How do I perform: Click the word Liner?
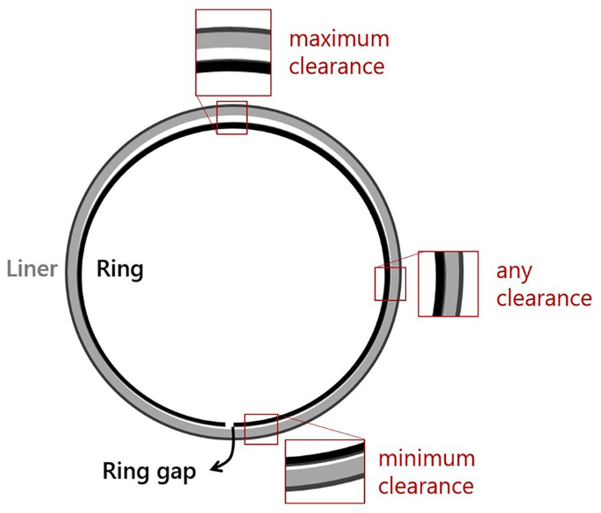pos(32,267)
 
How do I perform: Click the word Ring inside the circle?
pos(119,267)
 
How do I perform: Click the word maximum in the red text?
pos(339,39)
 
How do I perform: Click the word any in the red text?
pos(513,270)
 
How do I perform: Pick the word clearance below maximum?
pos(338,67)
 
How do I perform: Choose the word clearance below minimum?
pos(426,485)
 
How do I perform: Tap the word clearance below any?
pos(544,298)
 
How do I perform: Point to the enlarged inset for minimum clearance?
pos(324,471)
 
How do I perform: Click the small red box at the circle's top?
pos(232,118)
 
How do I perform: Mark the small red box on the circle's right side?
pos(390,283)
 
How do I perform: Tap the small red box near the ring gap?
pos(261,428)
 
